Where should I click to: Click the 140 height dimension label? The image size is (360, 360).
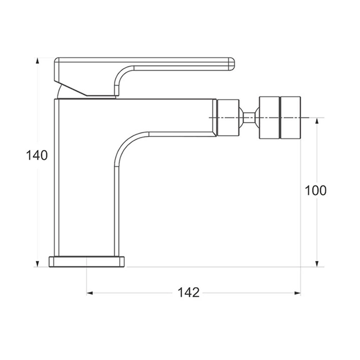point(37,155)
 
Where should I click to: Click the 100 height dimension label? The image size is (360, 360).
point(315,190)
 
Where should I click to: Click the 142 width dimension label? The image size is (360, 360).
point(189,293)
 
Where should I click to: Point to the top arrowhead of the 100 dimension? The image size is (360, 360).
point(317,121)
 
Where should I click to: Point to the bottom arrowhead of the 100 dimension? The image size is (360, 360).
point(317,264)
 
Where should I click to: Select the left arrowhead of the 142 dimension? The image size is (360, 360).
point(90,293)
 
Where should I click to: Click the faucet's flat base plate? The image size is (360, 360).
point(87,262)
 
